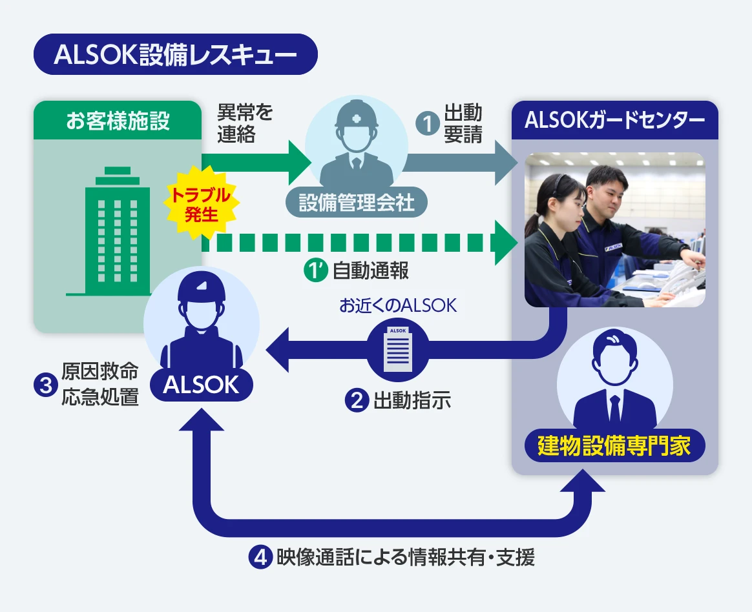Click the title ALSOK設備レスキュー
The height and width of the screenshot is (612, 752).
tap(175, 55)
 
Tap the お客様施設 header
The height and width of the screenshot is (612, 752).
tap(118, 121)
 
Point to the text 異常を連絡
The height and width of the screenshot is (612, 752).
tap(245, 123)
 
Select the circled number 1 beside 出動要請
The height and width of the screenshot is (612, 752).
tap(427, 123)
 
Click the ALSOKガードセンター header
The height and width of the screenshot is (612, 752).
tap(614, 121)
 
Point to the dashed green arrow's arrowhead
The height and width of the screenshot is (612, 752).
tap(507, 242)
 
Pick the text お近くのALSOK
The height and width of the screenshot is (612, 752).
tap(398, 305)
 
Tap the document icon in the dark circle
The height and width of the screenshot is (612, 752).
tap(398, 349)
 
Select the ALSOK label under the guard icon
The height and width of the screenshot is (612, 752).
tap(201, 385)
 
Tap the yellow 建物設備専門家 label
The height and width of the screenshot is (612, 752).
tap(614, 446)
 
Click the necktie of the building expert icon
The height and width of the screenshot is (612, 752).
tap(614, 407)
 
